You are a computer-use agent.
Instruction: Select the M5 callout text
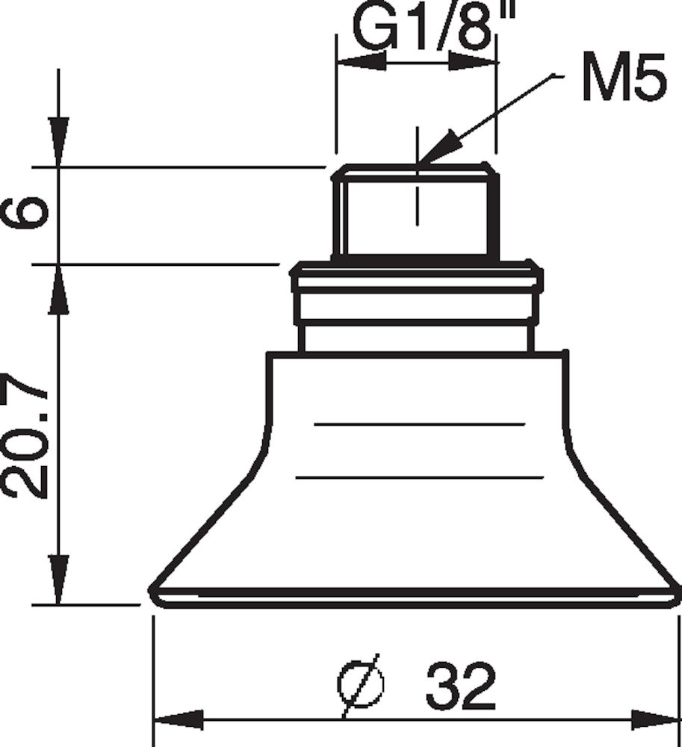tap(622, 82)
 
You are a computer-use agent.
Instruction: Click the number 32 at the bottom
tap(461, 686)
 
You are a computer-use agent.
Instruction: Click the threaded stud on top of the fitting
tap(416, 213)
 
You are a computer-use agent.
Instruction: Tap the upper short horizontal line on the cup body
tap(420, 424)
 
